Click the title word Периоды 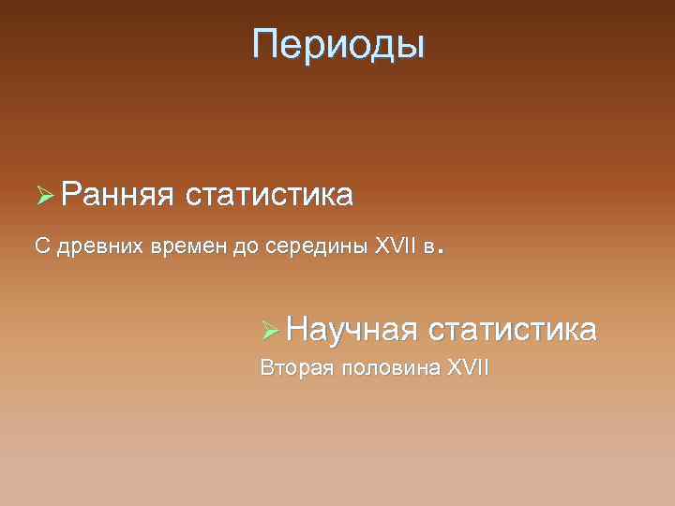pyautogui.click(x=337, y=44)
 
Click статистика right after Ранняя pyautogui.click(x=269, y=196)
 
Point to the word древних pyautogui.click(x=97, y=246)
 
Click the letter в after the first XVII pyautogui.click(x=428, y=247)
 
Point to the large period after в pyautogui.click(x=441, y=252)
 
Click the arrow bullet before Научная pyautogui.click(x=271, y=330)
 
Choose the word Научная pyautogui.click(x=352, y=330)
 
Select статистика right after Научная pyautogui.click(x=511, y=330)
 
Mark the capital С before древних pyautogui.click(x=41, y=246)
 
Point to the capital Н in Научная pyautogui.click(x=299, y=329)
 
